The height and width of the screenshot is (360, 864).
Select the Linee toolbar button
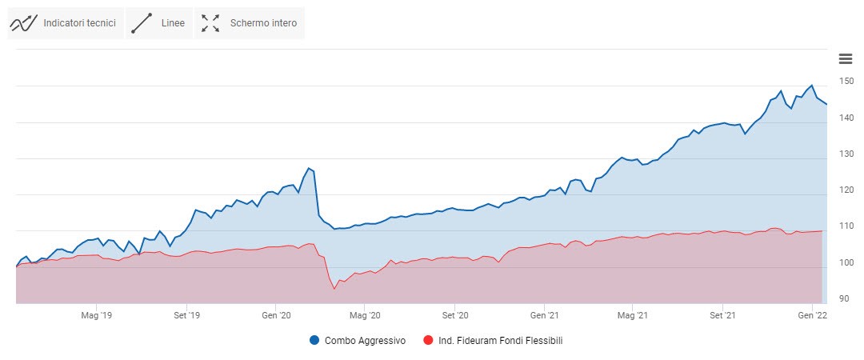(158, 23)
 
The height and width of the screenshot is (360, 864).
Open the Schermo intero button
(250, 23)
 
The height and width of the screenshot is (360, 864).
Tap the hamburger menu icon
(845, 58)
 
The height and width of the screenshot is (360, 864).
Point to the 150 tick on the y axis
(846, 82)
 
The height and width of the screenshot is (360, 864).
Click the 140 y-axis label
(846, 118)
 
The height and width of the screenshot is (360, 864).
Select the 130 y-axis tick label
(846, 154)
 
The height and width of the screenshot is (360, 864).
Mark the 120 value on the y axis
(846, 190)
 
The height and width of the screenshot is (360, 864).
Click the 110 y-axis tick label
(846, 226)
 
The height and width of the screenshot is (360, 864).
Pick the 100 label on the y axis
(846, 262)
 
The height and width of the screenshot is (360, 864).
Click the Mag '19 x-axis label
(96, 316)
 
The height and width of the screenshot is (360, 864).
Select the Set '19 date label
(186, 316)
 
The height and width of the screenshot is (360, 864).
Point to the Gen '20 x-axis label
(276, 316)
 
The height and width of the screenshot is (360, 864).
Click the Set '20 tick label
(454, 316)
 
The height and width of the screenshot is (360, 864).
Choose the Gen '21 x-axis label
(544, 316)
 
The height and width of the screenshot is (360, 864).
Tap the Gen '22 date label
(812, 316)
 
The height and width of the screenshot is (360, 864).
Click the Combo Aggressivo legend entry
(358, 341)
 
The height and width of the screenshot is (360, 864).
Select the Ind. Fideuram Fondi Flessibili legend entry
(493, 341)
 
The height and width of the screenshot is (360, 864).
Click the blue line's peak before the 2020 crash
(309, 169)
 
